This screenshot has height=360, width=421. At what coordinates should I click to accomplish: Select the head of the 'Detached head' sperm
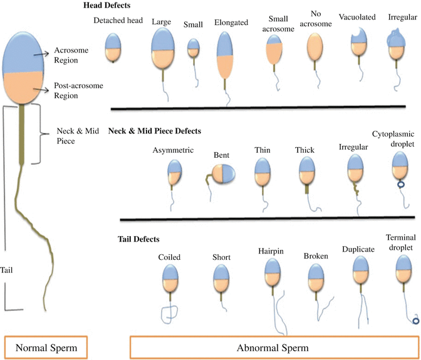point(113,48)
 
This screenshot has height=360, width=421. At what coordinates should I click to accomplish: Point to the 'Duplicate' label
point(358,248)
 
